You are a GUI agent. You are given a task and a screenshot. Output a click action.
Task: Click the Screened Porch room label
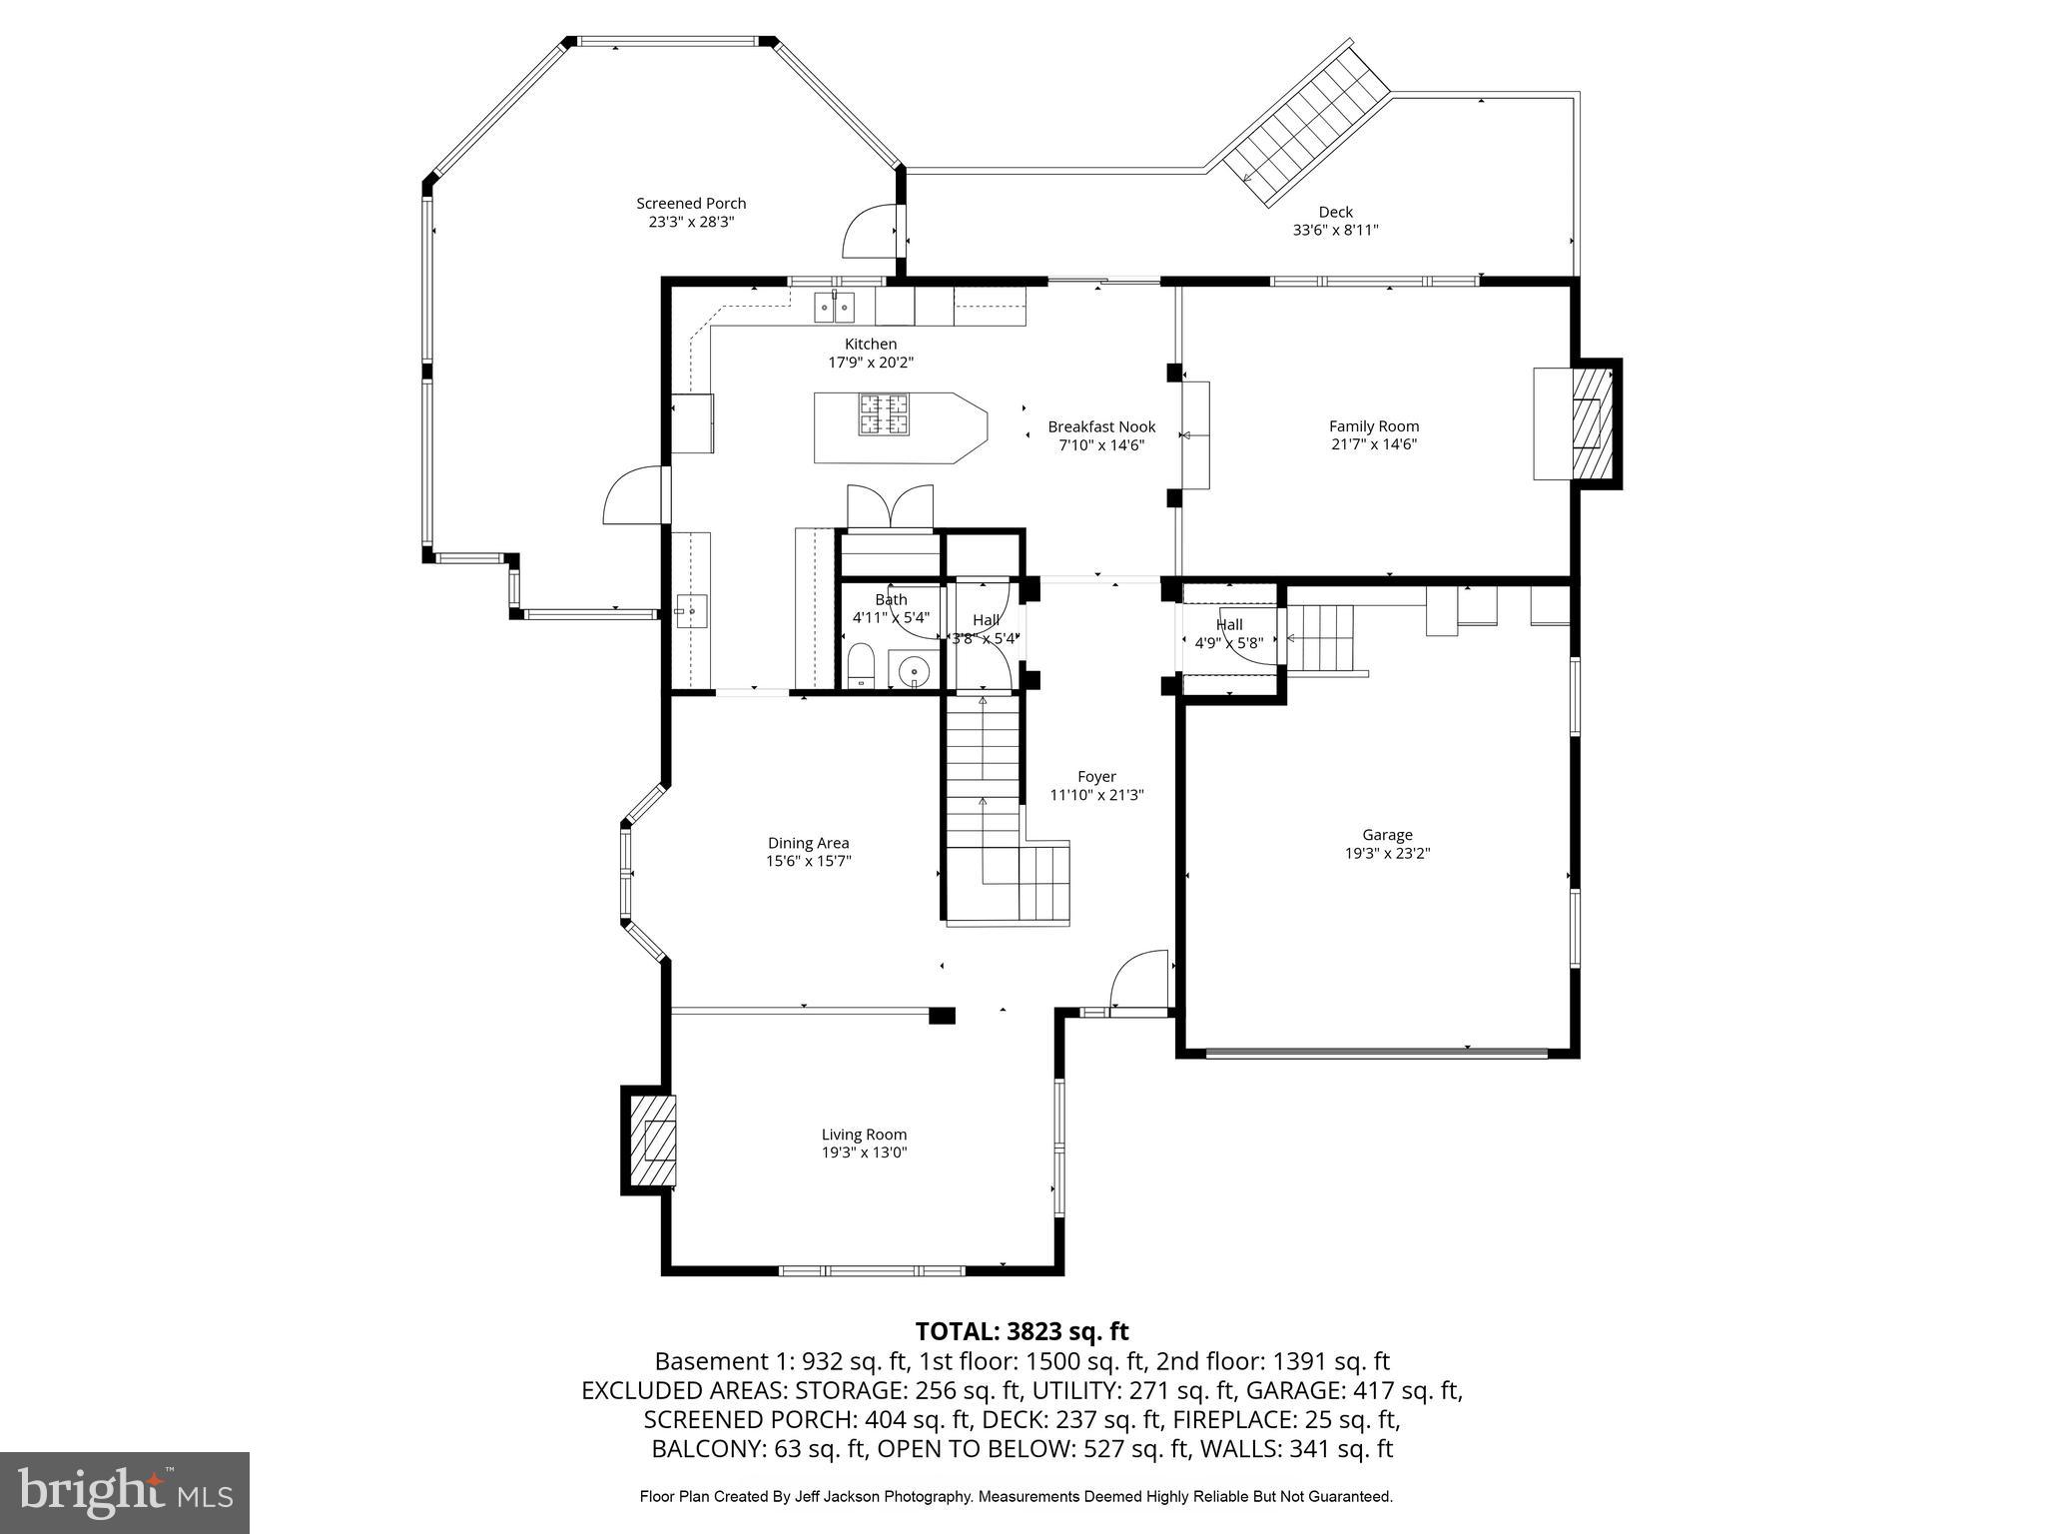pyautogui.click(x=691, y=204)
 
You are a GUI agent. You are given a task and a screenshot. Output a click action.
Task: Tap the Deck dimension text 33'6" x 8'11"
pyautogui.click(x=1335, y=230)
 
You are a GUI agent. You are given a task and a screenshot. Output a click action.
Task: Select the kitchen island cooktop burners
pyautogui.click(x=885, y=414)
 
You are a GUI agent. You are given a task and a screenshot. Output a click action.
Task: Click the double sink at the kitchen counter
pyautogui.click(x=834, y=307)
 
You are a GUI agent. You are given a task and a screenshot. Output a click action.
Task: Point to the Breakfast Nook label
pyautogui.click(x=1101, y=426)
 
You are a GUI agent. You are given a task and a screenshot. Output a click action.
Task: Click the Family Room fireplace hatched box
pyautogui.click(x=1590, y=423)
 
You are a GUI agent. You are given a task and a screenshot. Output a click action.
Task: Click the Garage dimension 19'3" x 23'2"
pyautogui.click(x=1387, y=853)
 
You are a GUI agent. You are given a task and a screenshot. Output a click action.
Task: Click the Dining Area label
pyautogui.click(x=808, y=843)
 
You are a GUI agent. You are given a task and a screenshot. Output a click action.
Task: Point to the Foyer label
pyautogui.click(x=1096, y=776)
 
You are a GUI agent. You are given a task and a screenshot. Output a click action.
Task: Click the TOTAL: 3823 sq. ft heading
pyautogui.click(x=1022, y=1331)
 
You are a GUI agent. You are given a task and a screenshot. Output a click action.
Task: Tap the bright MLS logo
pyautogui.click(x=125, y=1492)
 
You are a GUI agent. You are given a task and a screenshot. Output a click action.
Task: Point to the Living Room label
pyautogui.click(x=864, y=1135)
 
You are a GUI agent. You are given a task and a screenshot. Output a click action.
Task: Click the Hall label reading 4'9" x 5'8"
pyautogui.click(x=1229, y=643)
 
